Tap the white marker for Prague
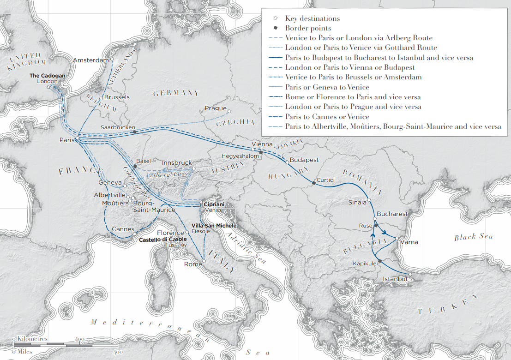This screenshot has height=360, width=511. tap(229, 111)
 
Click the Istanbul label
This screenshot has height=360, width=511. tap(395, 279)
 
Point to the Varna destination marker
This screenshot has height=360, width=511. tap(397, 238)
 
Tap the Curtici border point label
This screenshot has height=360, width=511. tap(325, 180)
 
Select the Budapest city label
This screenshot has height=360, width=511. tap(304, 160)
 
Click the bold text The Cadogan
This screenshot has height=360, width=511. tap(48, 75)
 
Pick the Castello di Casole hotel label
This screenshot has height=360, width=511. tap(163, 239)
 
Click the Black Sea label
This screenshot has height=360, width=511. tap(473, 237)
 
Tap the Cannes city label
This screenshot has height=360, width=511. tap(123, 229)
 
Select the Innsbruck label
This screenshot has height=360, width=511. tap(177, 163)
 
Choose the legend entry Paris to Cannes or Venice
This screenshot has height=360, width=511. tap(327, 117)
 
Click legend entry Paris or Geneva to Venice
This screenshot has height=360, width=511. tap(327, 87)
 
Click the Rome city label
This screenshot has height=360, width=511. tap(193, 264)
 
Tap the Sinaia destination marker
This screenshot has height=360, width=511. tap(368, 200)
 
